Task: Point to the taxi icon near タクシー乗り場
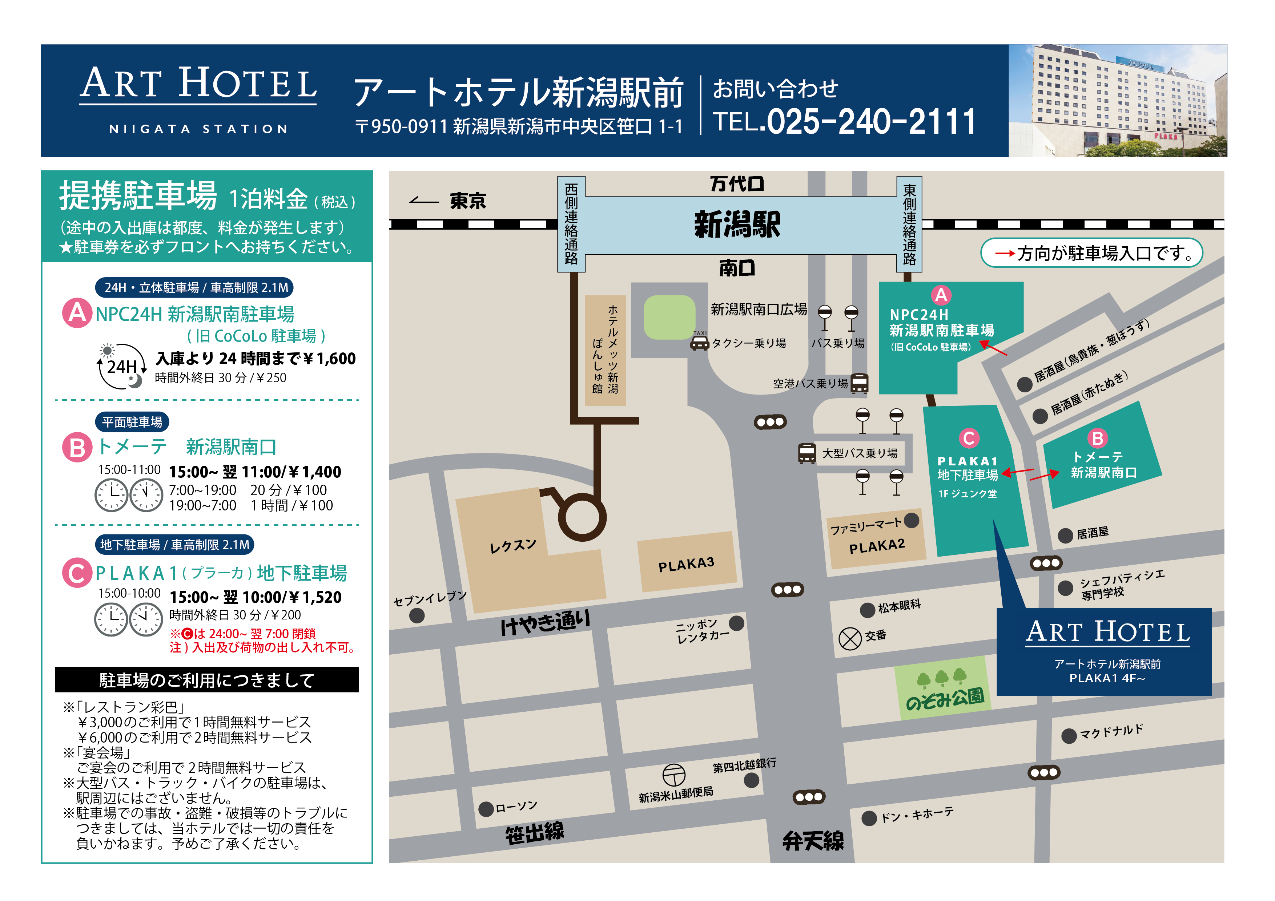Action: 699,344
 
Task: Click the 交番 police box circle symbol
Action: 850,638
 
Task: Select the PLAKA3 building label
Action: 686,565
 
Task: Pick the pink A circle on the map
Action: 941,295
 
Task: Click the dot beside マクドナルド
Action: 1069,736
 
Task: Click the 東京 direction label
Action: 467,201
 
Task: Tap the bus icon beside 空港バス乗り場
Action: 859,383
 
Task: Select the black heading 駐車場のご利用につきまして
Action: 206,680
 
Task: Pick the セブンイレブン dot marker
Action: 417,615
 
